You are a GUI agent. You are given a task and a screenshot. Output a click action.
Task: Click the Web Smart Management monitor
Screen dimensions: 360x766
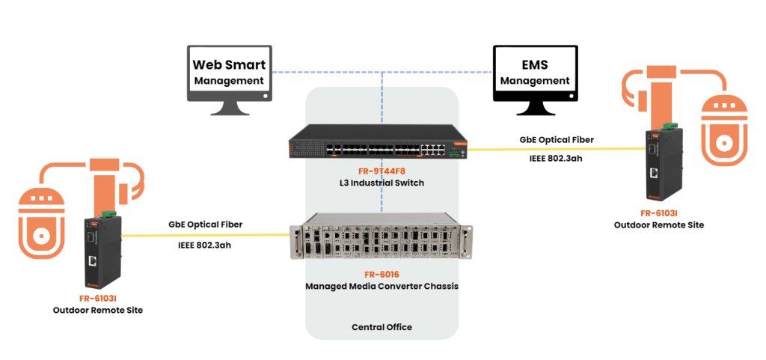(x=229, y=74)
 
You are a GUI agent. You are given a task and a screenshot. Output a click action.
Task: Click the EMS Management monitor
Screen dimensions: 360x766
(x=535, y=74)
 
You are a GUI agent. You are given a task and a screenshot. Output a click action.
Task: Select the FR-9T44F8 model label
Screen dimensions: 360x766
(x=382, y=171)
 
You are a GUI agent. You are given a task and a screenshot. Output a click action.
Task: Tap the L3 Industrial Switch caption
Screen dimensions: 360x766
(x=382, y=183)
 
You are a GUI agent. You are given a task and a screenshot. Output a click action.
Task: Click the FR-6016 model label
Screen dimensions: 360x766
(x=382, y=275)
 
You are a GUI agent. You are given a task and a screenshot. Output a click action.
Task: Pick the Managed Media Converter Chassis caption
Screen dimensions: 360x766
(x=382, y=286)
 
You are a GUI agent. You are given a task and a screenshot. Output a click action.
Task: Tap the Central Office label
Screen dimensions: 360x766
(x=382, y=327)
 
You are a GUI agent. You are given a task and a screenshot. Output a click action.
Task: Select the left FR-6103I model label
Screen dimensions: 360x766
(x=97, y=298)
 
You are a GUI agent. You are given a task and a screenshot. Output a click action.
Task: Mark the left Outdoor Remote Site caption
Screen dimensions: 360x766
(x=97, y=310)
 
